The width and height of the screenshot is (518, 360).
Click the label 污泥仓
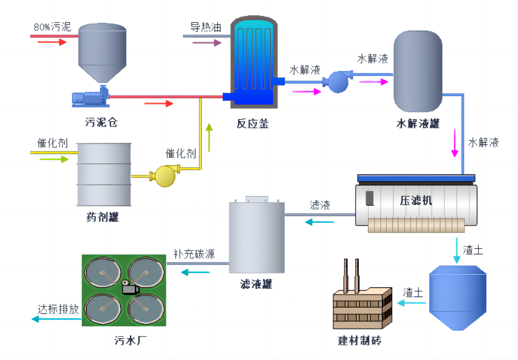point(101,123)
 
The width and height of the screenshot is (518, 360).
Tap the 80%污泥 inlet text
point(52,27)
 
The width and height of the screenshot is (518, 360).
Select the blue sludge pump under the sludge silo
point(90,97)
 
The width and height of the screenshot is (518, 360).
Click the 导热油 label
point(205,27)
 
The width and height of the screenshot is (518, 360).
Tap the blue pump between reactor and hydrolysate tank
point(337,81)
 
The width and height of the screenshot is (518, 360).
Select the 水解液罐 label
point(418,124)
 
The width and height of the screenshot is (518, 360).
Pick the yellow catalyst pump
point(165,175)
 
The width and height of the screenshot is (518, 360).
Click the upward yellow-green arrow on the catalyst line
point(209,137)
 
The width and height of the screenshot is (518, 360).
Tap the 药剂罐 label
point(102,217)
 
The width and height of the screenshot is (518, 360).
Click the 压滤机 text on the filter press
point(416,200)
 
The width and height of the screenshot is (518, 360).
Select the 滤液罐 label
point(256,284)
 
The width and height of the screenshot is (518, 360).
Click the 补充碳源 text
point(194,254)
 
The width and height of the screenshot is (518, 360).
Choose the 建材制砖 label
point(360,341)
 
